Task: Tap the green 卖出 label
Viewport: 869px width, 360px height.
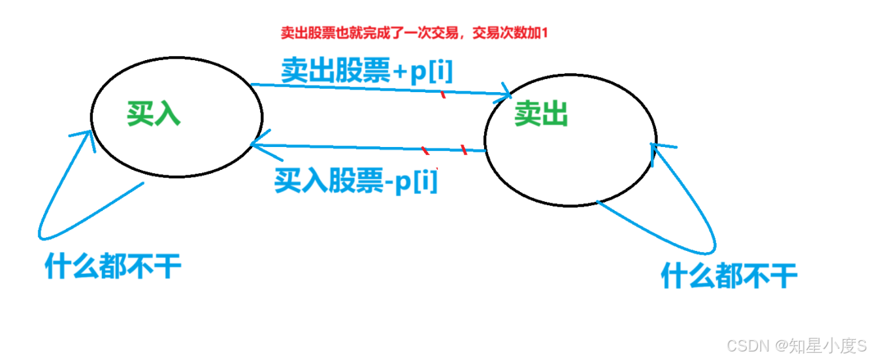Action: (x=541, y=114)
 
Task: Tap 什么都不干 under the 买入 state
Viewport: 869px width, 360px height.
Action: (x=113, y=267)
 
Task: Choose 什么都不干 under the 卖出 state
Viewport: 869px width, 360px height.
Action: (x=729, y=275)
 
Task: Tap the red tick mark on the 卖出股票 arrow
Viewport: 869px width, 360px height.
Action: (x=444, y=95)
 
